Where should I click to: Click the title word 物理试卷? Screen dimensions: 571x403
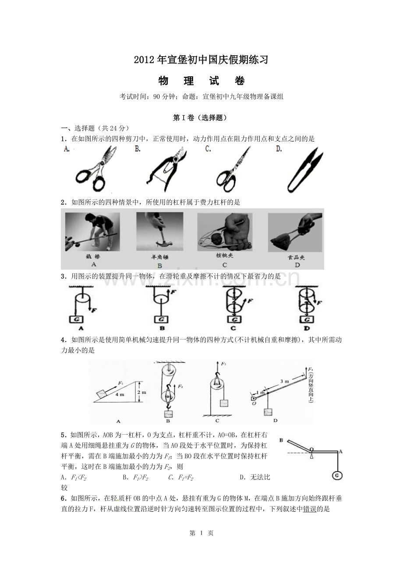tap(201, 81)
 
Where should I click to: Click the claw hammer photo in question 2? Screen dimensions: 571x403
tap(159, 232)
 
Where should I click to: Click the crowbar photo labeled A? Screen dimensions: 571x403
tap(92, 232)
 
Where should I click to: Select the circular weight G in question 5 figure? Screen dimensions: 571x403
tap(337, 475)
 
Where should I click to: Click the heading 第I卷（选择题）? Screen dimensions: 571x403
tap(201, 118)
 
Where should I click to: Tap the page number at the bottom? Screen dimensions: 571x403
tap(201, 533)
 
